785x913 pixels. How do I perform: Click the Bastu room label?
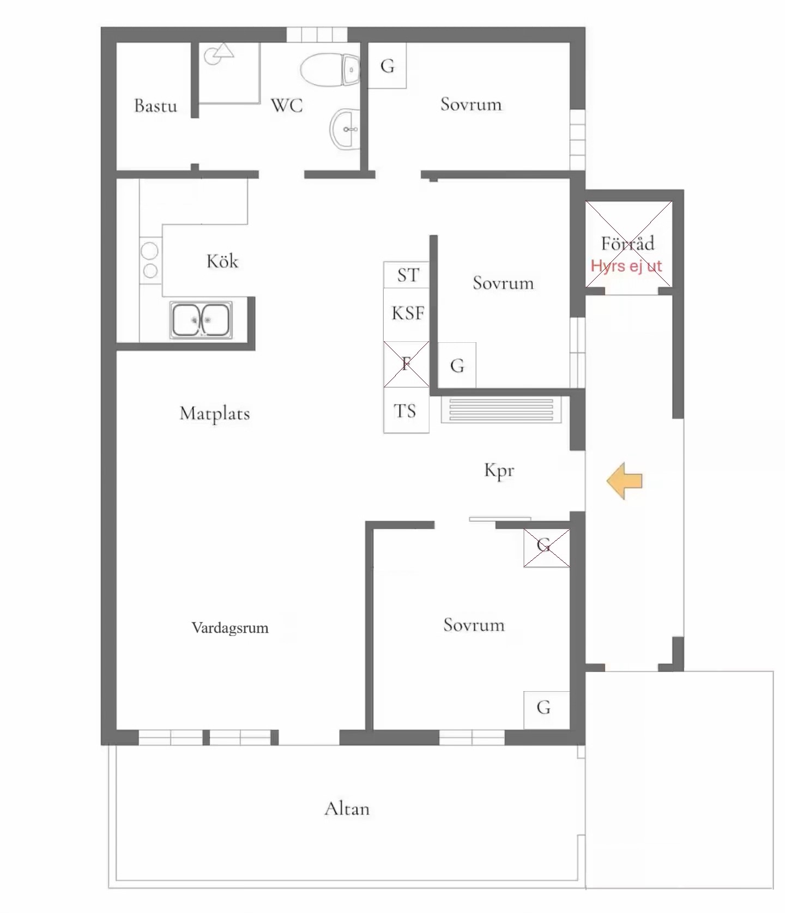[x=155, y=105]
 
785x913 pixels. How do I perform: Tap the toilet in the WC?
[x=330, y=69]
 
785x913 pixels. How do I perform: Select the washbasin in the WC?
[x=345, y=129]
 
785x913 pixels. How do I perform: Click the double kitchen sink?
[x=201, y=319]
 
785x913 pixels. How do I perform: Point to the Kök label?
[x=222, y=261]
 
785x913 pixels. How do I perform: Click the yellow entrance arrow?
[x=625, y=481]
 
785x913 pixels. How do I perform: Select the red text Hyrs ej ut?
[x=626, y=266]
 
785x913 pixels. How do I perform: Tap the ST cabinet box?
[x=407, y=275]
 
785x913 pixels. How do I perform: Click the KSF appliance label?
[x=408, y=313]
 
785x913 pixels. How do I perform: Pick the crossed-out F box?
[x=407, y=364]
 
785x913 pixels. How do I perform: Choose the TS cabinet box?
[x=407, y=410]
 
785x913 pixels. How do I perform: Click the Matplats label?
[x=215, y=413]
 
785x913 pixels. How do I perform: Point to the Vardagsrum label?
[x=230, y=628]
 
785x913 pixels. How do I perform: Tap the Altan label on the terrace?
[x=347, y=808]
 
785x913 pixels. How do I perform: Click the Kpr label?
[x=499, y=470]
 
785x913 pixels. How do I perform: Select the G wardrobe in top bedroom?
[x=387, y=65]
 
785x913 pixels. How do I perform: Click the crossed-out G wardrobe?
[x=547, y=548]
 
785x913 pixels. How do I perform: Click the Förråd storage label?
[x=627, y=243]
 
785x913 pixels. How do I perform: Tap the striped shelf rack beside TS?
[x=501, y=410]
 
